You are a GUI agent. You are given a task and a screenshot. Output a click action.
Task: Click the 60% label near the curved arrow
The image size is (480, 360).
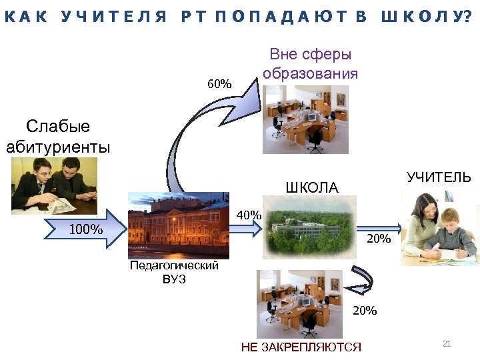pos(219,84)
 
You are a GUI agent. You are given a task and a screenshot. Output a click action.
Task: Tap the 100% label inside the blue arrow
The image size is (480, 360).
pos(86,230)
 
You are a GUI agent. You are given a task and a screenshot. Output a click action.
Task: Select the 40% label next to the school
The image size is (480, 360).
pos(249,215)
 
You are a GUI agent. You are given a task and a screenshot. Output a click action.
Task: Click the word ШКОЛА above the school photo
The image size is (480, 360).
pos(311,188)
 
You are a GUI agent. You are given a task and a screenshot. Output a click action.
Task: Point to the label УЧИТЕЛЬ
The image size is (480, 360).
pos(439,177)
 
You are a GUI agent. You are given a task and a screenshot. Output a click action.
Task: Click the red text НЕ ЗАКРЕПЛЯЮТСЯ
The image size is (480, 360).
pos(301,347)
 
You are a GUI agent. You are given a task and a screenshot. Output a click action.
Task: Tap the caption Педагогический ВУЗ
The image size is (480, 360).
pos(174,272)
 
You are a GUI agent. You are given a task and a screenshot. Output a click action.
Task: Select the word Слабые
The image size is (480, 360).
pos(57,127)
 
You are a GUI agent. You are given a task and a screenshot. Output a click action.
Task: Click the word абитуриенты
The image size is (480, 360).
pos(57,147)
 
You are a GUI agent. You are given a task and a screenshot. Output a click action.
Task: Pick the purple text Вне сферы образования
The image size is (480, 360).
pos(310,64)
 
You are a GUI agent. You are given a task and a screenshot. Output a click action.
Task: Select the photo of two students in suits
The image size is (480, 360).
pos(54,185)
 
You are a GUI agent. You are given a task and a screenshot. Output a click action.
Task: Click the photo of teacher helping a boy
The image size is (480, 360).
pos(439,227)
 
